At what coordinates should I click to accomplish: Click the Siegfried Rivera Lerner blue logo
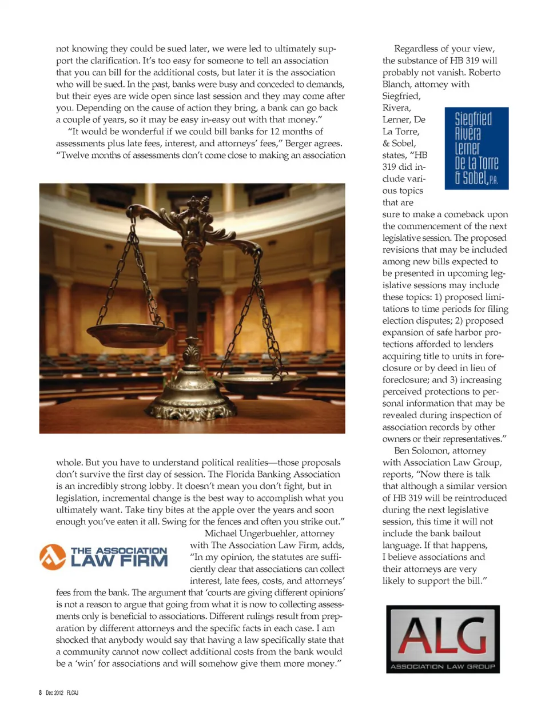[476, 148]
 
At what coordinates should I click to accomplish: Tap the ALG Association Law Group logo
[443, 639]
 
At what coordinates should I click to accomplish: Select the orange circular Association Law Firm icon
[53, 557]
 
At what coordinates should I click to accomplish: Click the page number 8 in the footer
[41, 693]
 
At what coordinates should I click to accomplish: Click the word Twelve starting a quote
[74, 155]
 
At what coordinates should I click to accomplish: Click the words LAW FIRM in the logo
[119, 560]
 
